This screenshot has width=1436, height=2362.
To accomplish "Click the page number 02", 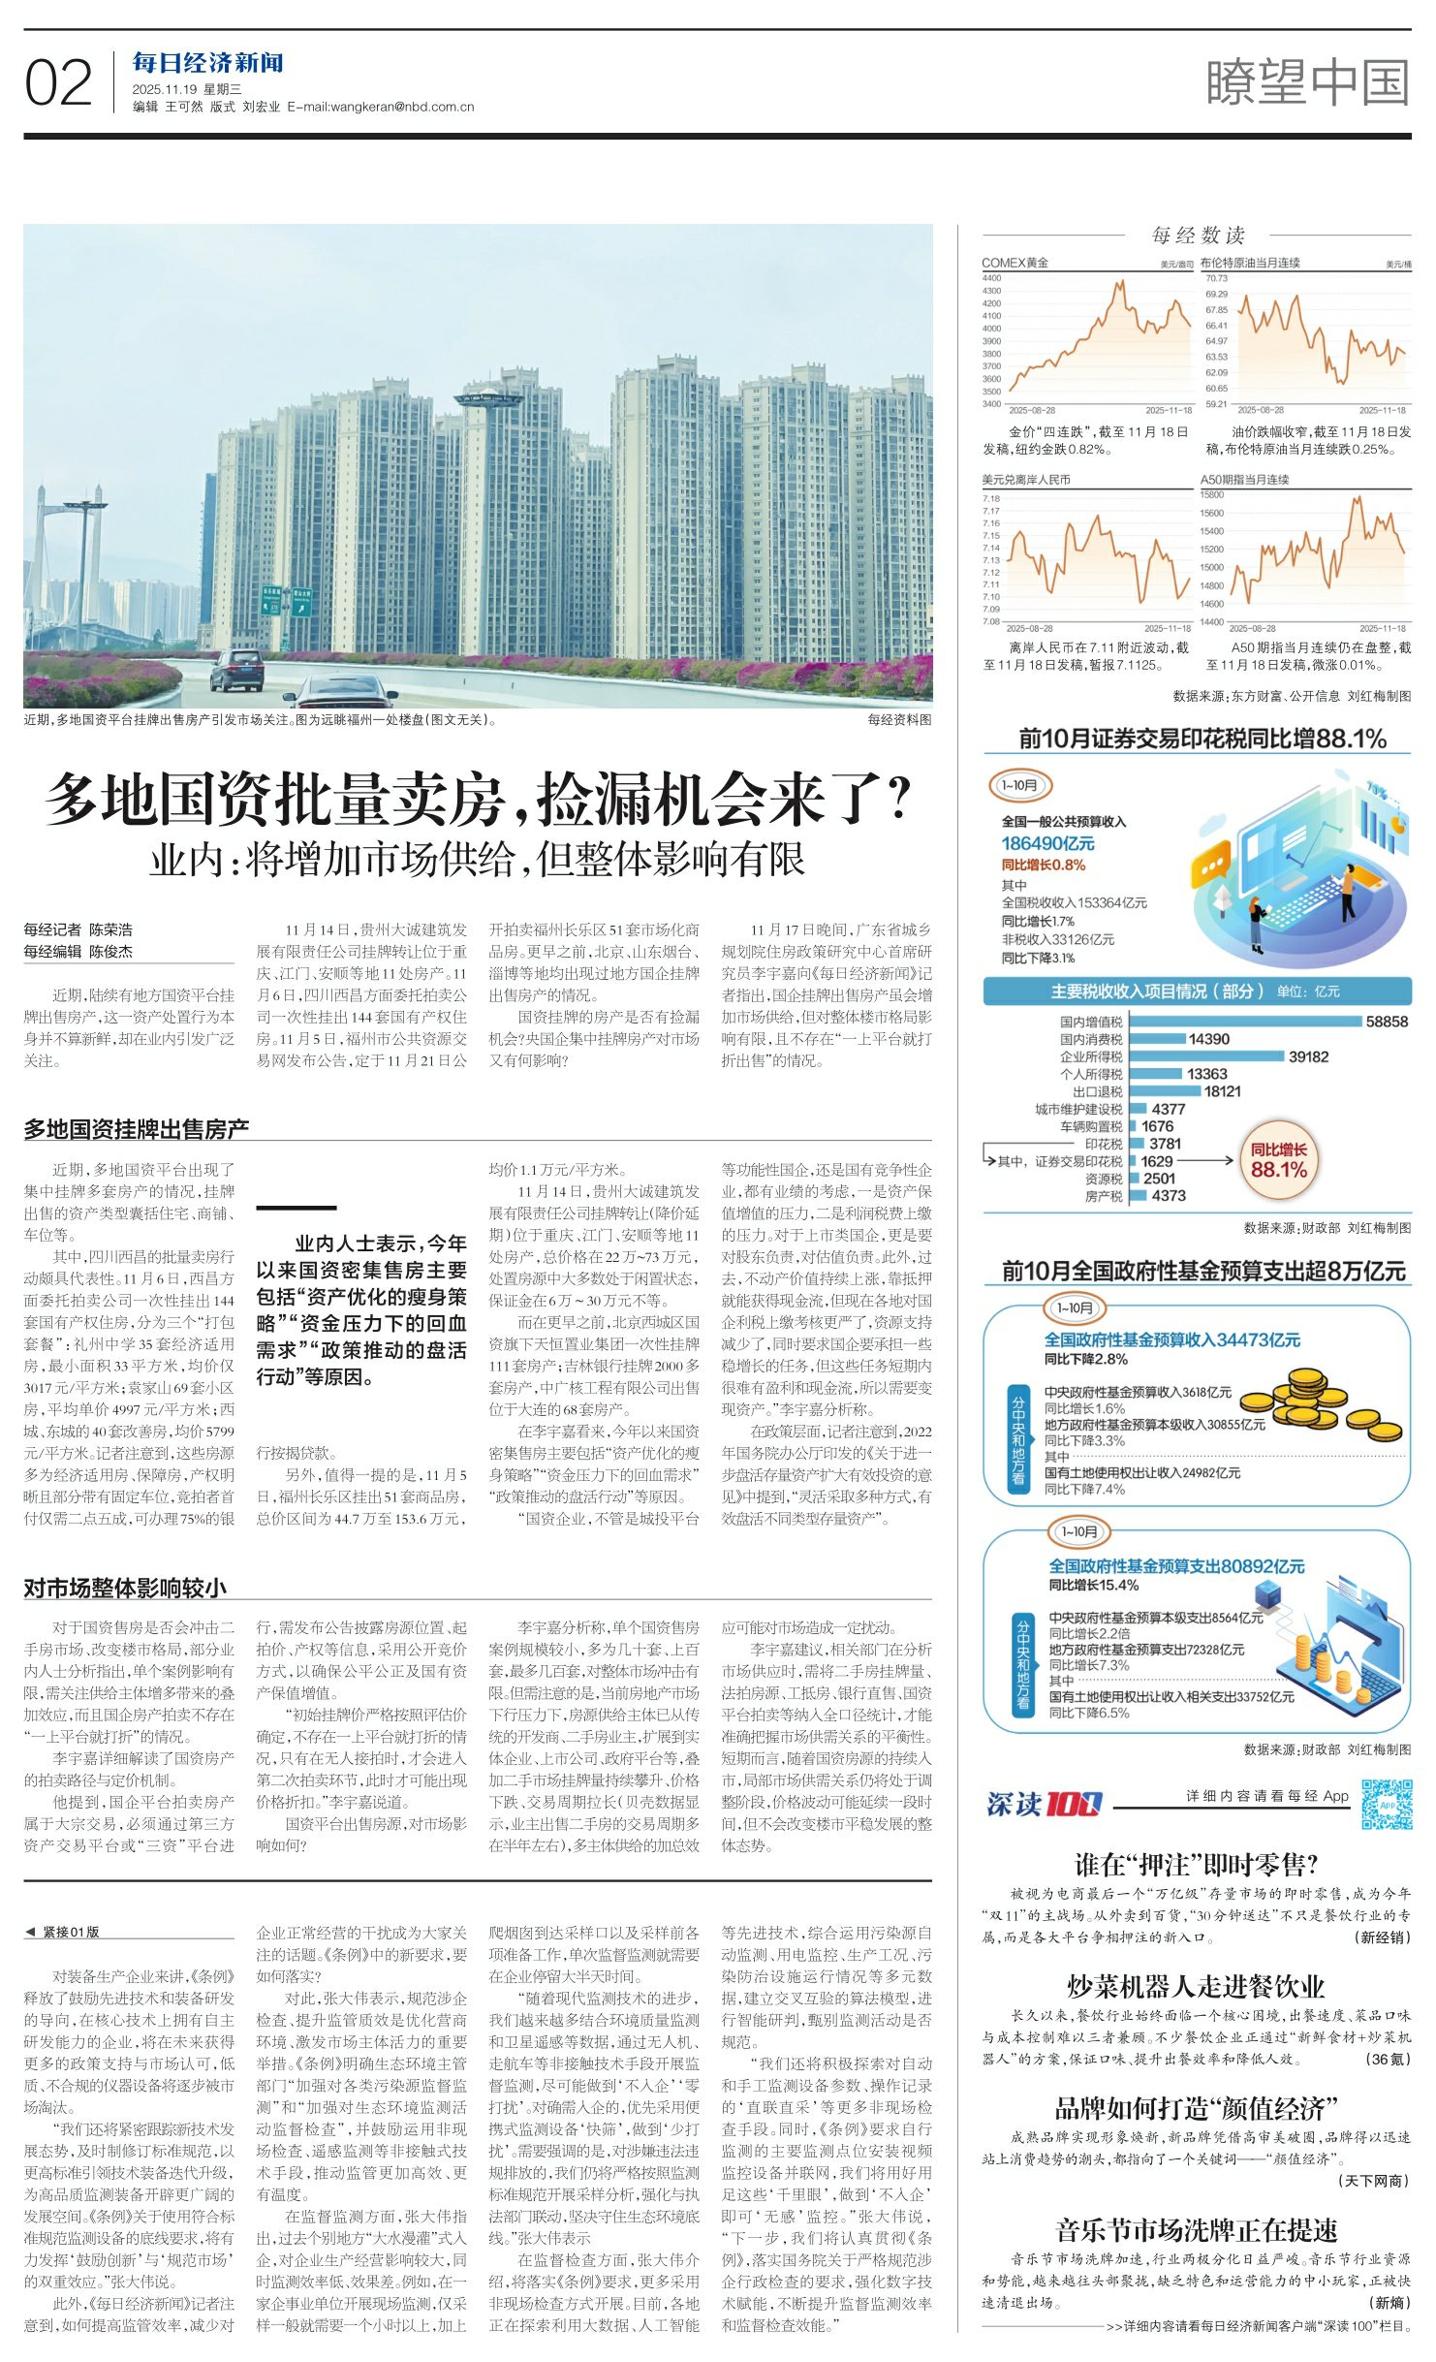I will tap(58, 83).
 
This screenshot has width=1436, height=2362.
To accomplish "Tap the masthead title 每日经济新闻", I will tap(207, 63).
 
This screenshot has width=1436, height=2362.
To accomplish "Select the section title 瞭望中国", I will tap(1307, 82).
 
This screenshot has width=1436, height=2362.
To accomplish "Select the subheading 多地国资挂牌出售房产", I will tap(137, 1128).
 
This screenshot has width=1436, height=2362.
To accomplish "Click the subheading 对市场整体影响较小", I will tap(125, 1588).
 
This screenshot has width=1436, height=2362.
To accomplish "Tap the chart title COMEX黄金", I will tap(1015, 263).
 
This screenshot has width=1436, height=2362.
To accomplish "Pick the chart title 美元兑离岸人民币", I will tap(1026, 480).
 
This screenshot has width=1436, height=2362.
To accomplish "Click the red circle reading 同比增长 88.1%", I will tap(1278, 1160).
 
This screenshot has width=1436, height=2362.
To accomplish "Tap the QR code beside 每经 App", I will tap(1386, 1804).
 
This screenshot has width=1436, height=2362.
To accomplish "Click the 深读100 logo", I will tap(1044, 1804).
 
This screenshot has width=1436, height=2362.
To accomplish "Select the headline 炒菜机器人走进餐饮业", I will tap(1196, 1986).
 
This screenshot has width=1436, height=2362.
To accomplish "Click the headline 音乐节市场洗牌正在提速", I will tap(1196, 2230).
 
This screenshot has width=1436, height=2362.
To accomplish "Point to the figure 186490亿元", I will tap(1047, 843).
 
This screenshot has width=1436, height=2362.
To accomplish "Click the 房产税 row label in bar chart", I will tap(1104, 1196).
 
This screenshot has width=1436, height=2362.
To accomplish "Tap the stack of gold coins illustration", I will tap(1319, 1404).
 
